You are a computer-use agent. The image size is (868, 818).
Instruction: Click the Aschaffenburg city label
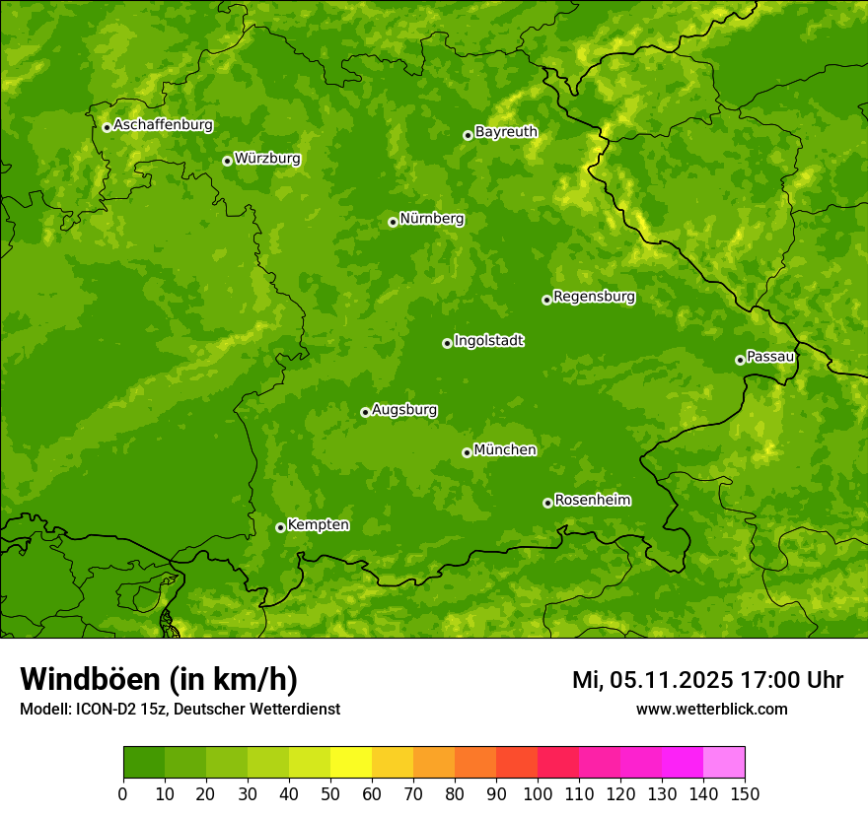coord(163,125)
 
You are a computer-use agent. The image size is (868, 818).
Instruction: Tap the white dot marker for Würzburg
coord(227,161)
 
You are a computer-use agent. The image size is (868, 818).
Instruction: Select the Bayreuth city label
coord(506,132)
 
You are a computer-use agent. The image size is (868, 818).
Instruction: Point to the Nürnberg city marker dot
coord(393,222)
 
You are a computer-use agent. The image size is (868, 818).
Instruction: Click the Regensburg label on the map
coord(594,297)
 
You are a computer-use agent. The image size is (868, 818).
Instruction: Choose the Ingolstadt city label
coord(488,341)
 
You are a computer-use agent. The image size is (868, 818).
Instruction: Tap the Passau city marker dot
coord(740,360)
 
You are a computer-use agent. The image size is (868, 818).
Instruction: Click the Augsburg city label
coord(404,410)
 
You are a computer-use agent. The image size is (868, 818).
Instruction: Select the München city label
coord(505,450)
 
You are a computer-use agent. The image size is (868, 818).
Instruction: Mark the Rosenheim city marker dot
coord(547,503)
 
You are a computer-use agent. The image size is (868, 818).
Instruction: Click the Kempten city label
coord(318,525)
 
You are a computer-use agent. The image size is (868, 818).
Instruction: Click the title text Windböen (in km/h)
coord(159,679)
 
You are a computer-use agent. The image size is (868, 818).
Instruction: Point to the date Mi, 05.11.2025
coord(651,680)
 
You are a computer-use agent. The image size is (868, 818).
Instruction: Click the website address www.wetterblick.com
coord(711,709)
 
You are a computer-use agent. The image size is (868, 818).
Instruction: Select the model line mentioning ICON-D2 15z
coord(180,709)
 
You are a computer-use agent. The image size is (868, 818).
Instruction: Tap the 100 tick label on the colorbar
coord(538,793)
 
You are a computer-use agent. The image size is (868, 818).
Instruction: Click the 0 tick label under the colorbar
coord(123,793)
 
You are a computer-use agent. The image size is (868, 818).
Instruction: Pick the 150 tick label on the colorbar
coord(745,793)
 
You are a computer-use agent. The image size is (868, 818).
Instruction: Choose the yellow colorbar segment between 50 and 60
coord(351,763)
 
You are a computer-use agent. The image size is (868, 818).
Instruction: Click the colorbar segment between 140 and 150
coord(724,763)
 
